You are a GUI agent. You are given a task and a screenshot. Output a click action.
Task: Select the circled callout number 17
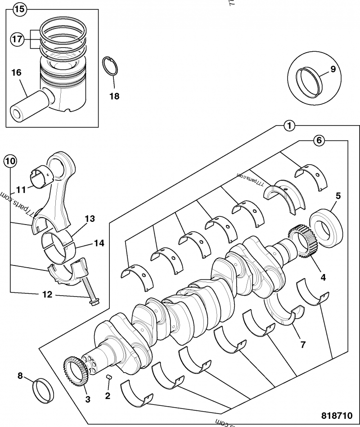17,39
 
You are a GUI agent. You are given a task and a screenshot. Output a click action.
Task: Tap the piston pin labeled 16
28,104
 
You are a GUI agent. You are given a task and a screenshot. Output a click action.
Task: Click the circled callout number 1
289,126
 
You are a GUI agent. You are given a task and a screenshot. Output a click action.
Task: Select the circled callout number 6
319,140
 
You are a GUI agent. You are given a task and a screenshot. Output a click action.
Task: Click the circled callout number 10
10,160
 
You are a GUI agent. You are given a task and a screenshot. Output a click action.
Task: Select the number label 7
303,345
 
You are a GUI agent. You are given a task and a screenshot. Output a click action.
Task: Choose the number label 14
99,243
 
